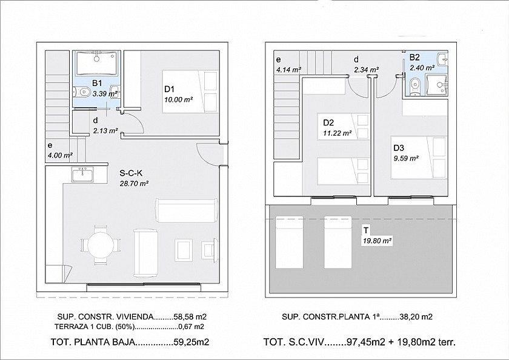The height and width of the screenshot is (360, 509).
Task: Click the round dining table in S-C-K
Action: click(101, 245)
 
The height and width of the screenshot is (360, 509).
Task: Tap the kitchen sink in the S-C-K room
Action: click(83, 175)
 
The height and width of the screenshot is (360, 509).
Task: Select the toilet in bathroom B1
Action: click(82, 92)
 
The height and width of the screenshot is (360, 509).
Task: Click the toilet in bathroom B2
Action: click(414, 86)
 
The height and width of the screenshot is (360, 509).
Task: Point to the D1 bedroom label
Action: click(170, 89)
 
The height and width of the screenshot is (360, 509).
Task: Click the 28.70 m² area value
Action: click(134, 184)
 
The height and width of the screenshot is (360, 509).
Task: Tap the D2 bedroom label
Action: click(328, 122)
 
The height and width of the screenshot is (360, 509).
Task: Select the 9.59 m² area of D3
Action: click(406, 158)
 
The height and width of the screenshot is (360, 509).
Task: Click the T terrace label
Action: click(366, 230)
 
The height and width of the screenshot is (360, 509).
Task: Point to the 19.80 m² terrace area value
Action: click(377, 241)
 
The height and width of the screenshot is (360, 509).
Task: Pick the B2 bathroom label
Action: click(414, 58)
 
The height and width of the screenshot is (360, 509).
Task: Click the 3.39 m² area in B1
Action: click(104, 94)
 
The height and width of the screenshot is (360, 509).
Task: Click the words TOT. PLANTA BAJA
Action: click(92, 342)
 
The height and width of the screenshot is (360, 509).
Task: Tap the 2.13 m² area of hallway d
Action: click(105, 131)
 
